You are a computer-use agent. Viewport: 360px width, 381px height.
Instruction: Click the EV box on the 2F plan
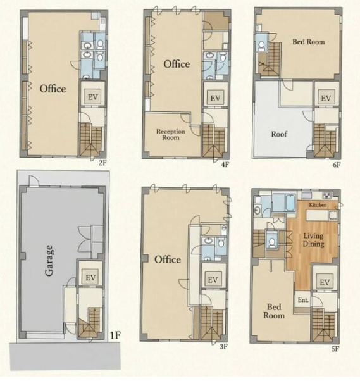click(x=92, y=97)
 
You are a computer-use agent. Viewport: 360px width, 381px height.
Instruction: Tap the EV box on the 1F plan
click(x=90, y=277)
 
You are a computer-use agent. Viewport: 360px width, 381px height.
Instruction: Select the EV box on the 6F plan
click(x=326, y=98)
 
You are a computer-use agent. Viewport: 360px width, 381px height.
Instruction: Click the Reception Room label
click(x=171, y=134)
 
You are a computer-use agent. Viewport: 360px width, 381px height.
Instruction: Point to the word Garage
click(x=49, y=260)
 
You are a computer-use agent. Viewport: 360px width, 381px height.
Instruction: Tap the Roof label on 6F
click(x=279, y=134)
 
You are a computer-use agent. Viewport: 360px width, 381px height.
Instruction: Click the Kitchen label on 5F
click(x=318, y=204)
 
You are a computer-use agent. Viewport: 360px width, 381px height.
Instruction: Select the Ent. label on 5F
click(x=303, y=300)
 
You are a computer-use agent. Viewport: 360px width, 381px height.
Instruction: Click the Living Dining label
click(x=313, y=240)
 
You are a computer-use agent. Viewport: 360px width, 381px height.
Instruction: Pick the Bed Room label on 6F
click(x=309, y=42)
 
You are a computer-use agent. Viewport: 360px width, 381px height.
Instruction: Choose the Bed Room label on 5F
click(x=274, y=311)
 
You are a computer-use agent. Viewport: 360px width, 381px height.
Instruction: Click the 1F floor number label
click(x=115, y=335)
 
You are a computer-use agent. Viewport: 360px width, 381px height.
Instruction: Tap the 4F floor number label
click(x=225, y=165)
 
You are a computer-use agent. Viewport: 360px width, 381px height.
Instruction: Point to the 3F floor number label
click(x=223, y=347)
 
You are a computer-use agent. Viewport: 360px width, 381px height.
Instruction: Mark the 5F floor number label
click(x=335, y=349)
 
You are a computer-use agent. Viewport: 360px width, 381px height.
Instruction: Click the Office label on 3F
click(x=168, y=259)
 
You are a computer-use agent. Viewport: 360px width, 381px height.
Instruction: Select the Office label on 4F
click(x=177, y=64)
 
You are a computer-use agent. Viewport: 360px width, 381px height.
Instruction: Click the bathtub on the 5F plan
click(x=290, y=203)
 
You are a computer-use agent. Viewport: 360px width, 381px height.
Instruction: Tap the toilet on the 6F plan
click(x=261, y=46)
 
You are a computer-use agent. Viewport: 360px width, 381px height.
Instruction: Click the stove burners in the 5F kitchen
click(x=327, y=195)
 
